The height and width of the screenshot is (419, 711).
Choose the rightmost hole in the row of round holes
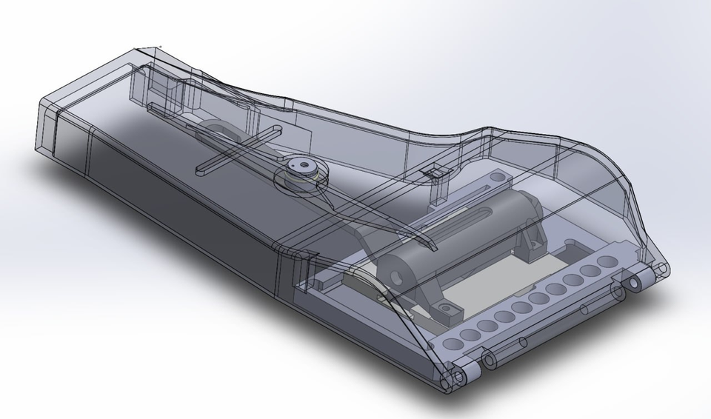click(608, 262)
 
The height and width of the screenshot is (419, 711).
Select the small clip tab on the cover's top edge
click(435, 172)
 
